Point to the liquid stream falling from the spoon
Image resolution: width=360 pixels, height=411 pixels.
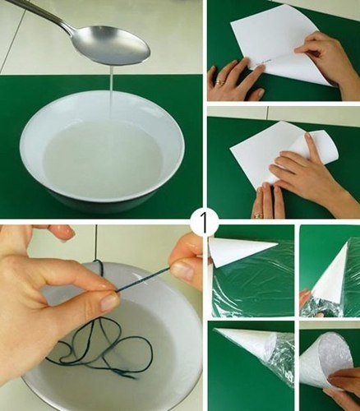pos(112,93)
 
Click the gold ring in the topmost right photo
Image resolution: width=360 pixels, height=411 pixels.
pos(221,82)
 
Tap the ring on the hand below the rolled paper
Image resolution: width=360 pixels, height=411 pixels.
pos(257,215)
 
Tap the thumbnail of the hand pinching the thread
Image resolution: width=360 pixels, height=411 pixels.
pos(109,302)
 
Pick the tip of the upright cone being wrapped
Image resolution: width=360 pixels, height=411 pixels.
pos(349,241)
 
